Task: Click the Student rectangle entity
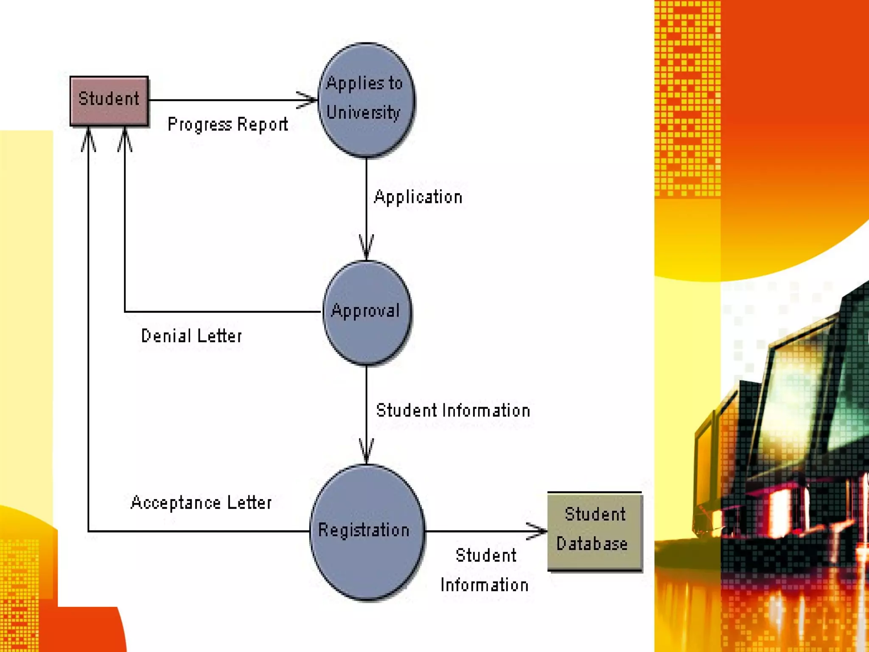[x=109, y=101]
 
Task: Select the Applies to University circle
[x=366, y=100]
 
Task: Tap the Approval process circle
[x=366, y=312]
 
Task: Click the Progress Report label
[x=227, y=124]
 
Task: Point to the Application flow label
[x=418, y=197]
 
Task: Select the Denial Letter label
[x=191, y=336]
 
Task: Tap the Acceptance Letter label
[x=201, y=503]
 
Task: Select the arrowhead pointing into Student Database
[x=538, y=531]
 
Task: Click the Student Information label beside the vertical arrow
[x=453, y=410]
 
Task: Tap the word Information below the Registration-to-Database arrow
[x=484, y=585]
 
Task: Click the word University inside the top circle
[x=364, y=113]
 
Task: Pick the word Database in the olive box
[x=592, y=544]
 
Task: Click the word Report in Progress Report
[x=262, y=124]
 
